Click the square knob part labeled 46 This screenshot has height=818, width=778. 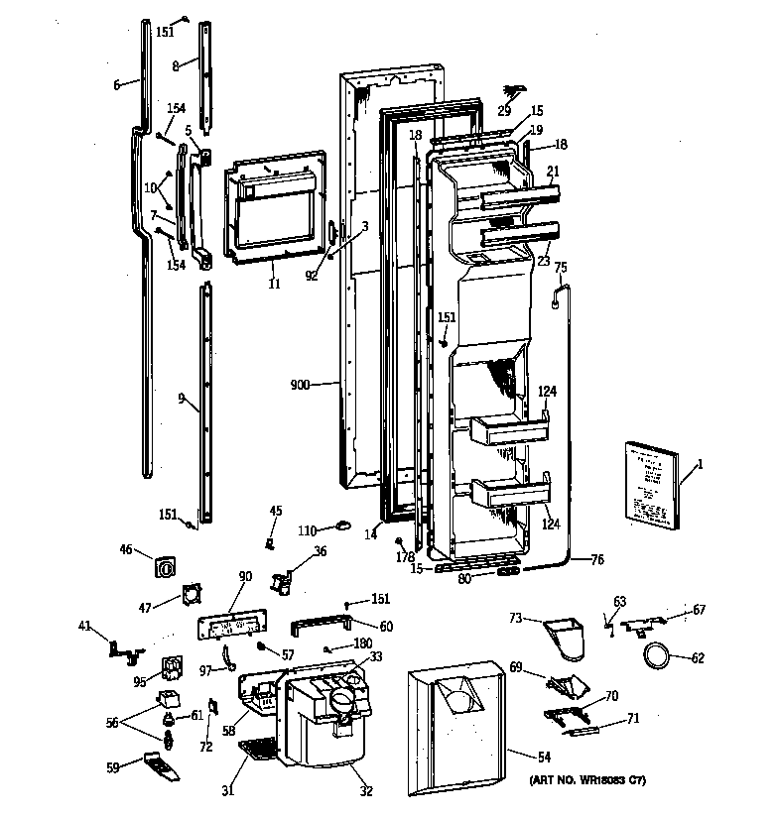(x=166, y=568)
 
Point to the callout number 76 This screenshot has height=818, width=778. (x=597, y=560)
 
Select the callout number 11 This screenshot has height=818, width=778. (x=274, y=284)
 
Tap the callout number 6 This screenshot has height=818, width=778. (x=116, y=85)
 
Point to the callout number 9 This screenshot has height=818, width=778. (x=182, y=399)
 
